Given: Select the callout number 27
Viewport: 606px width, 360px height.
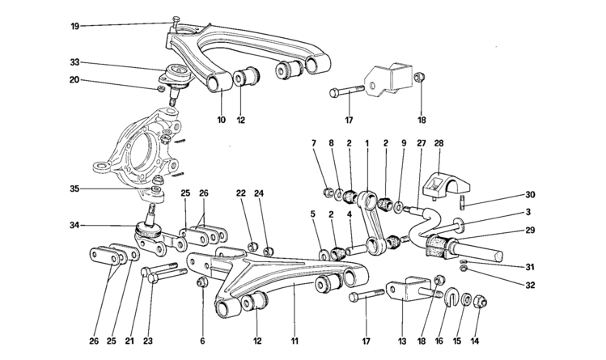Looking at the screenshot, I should [x=421, y=143].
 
